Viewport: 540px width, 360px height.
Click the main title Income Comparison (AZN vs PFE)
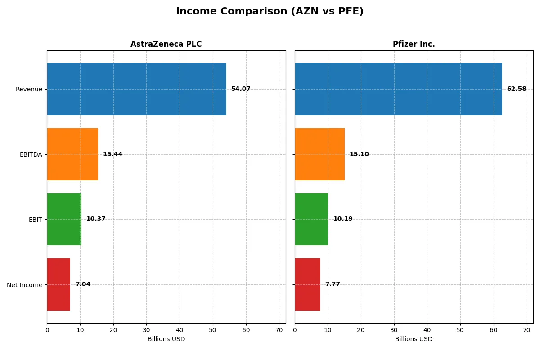pyautogui.click(x=270, y=12)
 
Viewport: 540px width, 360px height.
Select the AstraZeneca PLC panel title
pyautogui.click(x=166, y=44)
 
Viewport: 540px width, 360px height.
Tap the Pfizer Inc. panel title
pyautogui.click(x=414, y=44)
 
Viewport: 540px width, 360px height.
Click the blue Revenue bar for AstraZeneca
pyautogui.click(x=136, y=89)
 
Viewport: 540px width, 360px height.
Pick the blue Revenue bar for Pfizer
pyautogui.click(x=398, y=89)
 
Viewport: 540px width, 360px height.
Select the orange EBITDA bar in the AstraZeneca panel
pyautogui.click(x=72, y=154)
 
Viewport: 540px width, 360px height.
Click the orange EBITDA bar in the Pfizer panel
pyautogui.click(x=319, y=154)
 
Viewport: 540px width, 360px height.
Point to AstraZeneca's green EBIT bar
pyautogui.click(x=64, y=220)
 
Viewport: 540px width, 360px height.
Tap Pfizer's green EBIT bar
pyautogui.click(x=311, y=220)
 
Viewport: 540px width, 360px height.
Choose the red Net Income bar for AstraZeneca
pyautogui.click(x=58, y=284)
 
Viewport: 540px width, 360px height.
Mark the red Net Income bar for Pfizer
pyautogui.click(x=307, y=284)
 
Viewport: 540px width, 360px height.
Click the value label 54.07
pyautogui.click(x=241, y=89)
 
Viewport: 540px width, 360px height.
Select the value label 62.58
pyautogui.click(x=516, y=89)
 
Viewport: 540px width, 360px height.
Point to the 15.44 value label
pyautogui.click(x=112, y=154)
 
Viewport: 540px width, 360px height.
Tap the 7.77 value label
pyautogui.click(x=333, y=284)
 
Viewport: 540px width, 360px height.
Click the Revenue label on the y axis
pyautogui.click(x=29, y=89)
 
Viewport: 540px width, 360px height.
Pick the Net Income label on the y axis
pyautogui.click(x=25, y=285)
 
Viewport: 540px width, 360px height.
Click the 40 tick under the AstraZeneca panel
pyautogui.click(x=180, y=330)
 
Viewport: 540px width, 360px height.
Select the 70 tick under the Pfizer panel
pyautogui.click(x=526, y=330)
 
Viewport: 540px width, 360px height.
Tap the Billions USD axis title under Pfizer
pyautogui.click(x=414, y=339)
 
